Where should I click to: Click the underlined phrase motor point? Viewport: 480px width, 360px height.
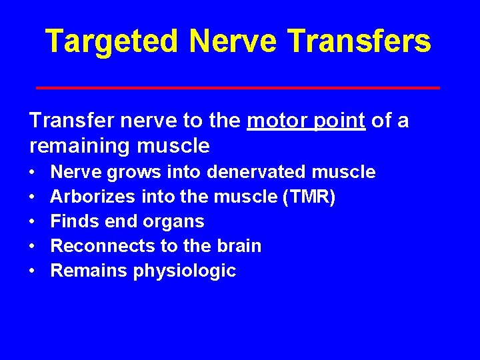(x=306, y=121)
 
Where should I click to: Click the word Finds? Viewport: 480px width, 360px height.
(x=75, y=221)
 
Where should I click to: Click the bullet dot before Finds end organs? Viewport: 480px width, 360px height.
(x=33, y=221)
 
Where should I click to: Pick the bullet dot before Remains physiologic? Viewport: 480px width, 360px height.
(x=33, y=271)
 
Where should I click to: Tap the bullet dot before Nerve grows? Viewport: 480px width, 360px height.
(x=33, y=172)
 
